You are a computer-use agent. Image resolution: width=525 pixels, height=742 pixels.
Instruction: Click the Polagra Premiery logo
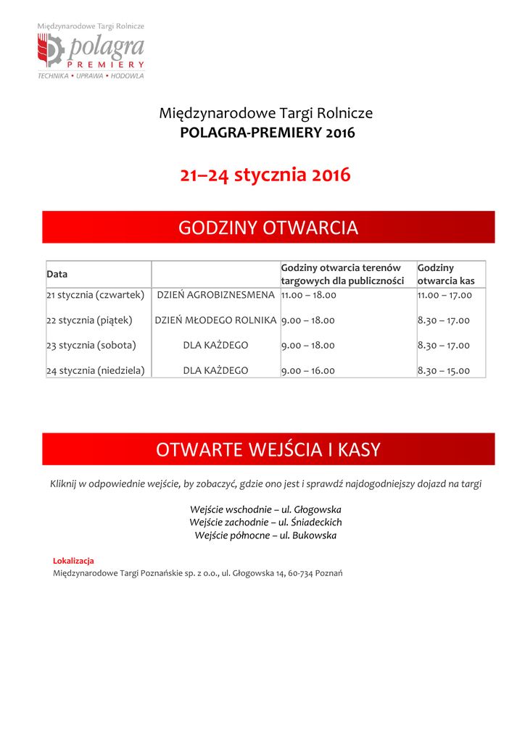(91, 51)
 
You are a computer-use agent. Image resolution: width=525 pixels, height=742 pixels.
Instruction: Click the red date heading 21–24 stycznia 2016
(265, 175)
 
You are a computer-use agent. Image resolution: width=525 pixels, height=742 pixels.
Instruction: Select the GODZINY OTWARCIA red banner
(268, 228)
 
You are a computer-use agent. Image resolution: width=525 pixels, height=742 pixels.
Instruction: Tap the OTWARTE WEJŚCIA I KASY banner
(268, 449)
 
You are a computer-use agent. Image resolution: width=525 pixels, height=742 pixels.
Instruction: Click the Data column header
(57, 274)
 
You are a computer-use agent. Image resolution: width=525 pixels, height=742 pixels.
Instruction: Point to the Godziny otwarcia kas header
(446, 274)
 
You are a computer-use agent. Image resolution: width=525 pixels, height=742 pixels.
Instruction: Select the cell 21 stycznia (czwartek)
(96, 295)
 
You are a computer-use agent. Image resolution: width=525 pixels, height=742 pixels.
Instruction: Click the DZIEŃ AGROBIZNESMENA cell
(216, 295)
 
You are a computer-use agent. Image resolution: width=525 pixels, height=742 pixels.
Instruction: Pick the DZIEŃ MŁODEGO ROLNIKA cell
(216, 320)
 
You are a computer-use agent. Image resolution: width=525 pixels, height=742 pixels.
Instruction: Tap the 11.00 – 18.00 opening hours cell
(308, 295)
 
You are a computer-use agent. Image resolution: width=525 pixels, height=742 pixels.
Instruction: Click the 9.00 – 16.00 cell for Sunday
(308, 370)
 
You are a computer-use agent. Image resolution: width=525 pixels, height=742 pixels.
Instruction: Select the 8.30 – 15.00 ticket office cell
(444, 370)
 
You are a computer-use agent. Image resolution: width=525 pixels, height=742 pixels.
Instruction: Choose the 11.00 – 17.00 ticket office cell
(445, 295)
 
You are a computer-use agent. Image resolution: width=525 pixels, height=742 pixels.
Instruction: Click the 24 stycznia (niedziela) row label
(96, 370)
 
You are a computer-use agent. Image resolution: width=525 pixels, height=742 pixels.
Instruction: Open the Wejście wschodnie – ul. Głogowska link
(265, 509)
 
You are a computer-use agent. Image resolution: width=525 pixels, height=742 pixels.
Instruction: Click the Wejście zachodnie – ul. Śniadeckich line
(265, 522)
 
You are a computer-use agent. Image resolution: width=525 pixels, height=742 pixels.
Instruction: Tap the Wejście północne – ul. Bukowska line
(265, 535)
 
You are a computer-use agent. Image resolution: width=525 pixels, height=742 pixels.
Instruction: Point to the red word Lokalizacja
(73, 561)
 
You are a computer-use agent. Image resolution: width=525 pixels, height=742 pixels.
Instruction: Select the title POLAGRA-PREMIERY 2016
(268, 133)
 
